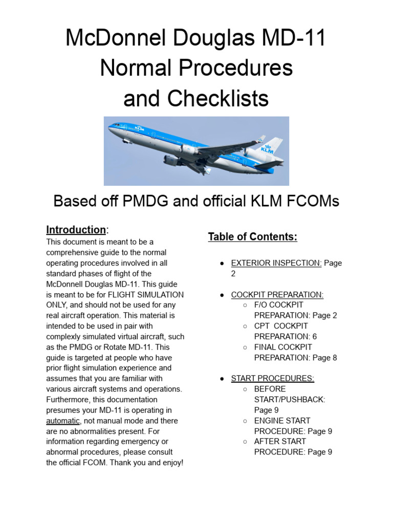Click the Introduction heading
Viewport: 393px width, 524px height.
pos(76,229)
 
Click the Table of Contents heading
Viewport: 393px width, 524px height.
pos(252,236)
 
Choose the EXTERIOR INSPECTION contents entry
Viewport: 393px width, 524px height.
pos(276,263)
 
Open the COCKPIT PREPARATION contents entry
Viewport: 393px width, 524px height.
pos(277,295)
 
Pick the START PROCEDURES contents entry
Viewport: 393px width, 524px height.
pos(273,379)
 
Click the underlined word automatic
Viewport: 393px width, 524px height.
pos(63,421)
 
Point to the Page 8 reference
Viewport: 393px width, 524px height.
pos(326,358)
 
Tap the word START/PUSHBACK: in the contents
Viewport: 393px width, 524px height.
pos(290,400)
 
